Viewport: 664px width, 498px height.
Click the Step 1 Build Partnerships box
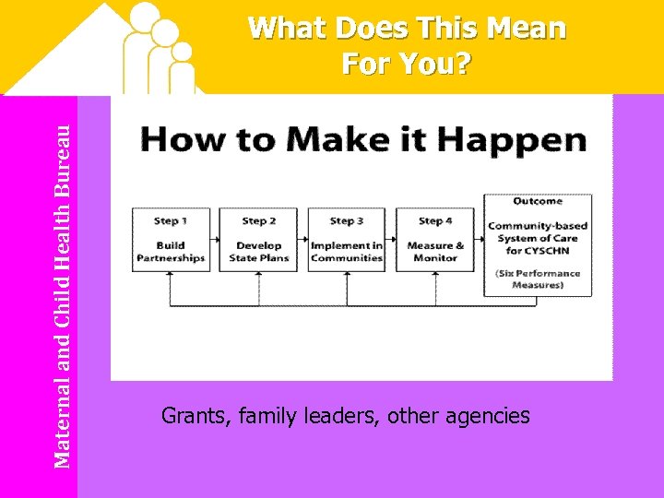pos(171,239)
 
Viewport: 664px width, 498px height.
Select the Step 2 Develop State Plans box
pos(259,239)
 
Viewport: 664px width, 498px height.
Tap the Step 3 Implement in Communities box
pos(347,239)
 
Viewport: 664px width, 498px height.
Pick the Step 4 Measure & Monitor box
pos(434,239)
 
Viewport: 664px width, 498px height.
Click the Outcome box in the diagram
pos(538,244)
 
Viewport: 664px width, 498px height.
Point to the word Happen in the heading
pos(529,141)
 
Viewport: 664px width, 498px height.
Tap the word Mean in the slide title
pos(528,30)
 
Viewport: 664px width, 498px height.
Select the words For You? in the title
pos(407,65)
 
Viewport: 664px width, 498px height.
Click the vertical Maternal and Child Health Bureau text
pos(62,296)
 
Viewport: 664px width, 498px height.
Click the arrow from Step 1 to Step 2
pos(218,239)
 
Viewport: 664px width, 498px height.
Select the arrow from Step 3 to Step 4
pos(391,239)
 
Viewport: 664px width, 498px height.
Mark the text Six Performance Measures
pos(538,279)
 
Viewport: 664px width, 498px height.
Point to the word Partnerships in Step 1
pos(171,258)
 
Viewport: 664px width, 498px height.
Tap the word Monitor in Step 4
pos(434,258)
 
